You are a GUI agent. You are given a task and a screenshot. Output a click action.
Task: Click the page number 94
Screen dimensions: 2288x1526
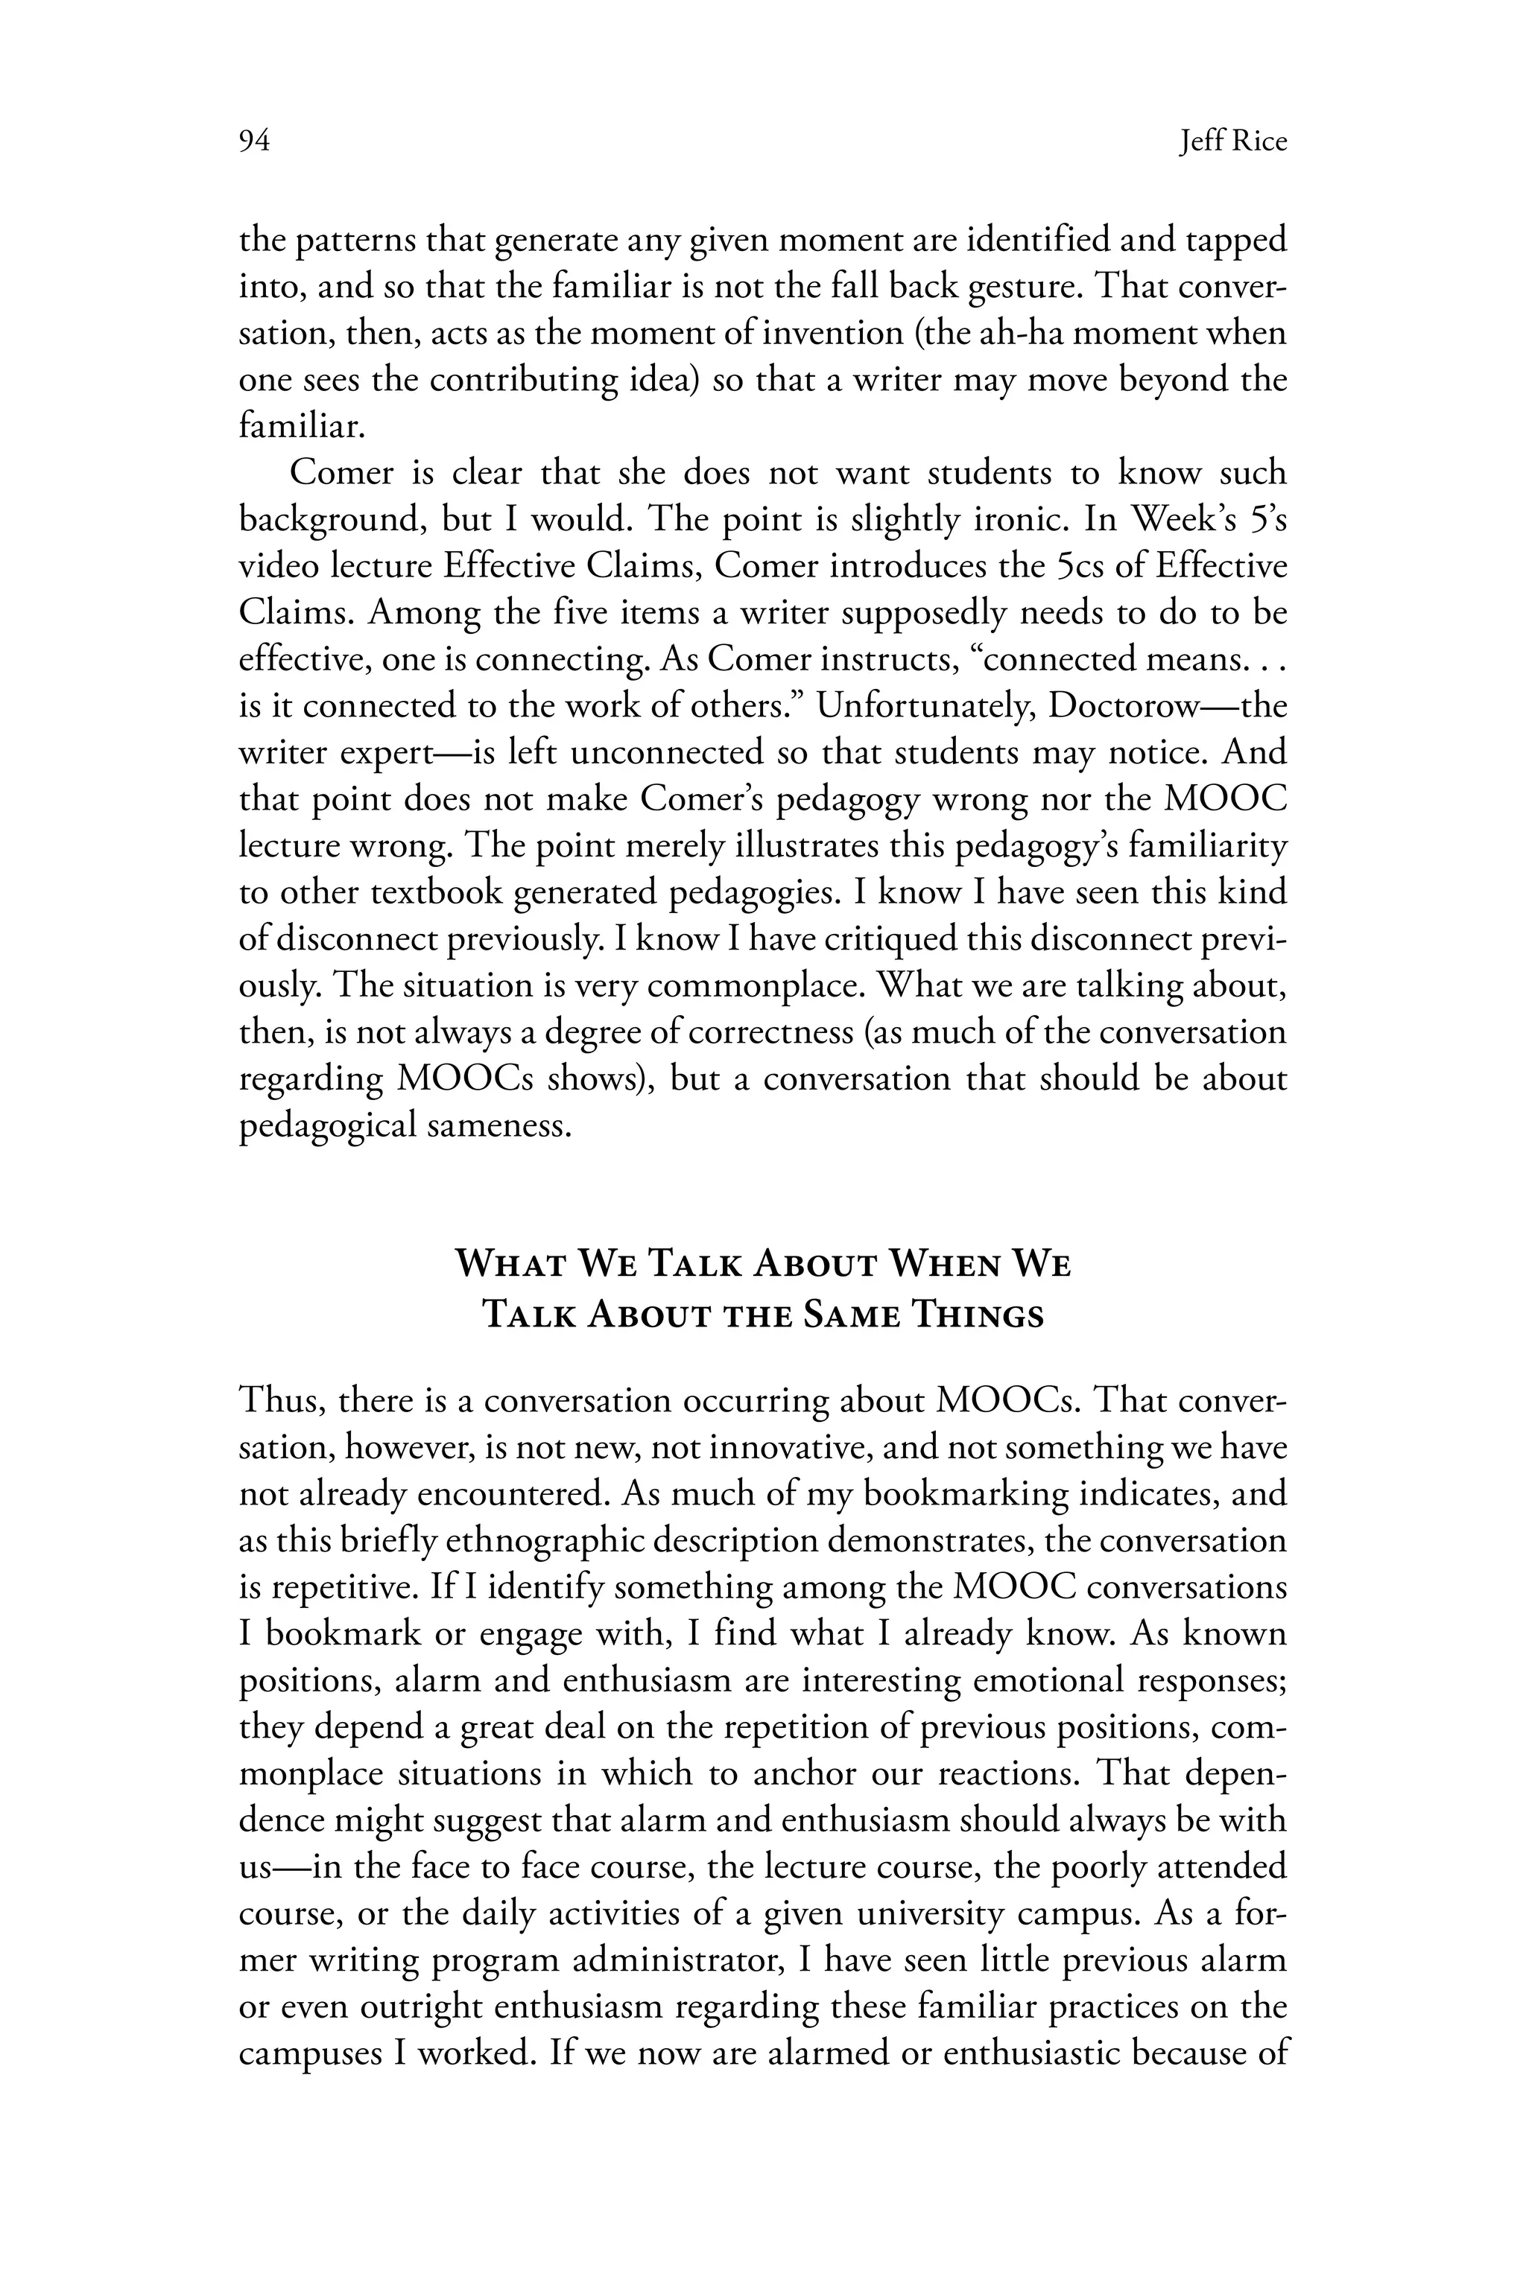tap(254, 142)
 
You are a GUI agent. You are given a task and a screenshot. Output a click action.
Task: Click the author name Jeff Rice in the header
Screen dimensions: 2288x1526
tap(1232, 142)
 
